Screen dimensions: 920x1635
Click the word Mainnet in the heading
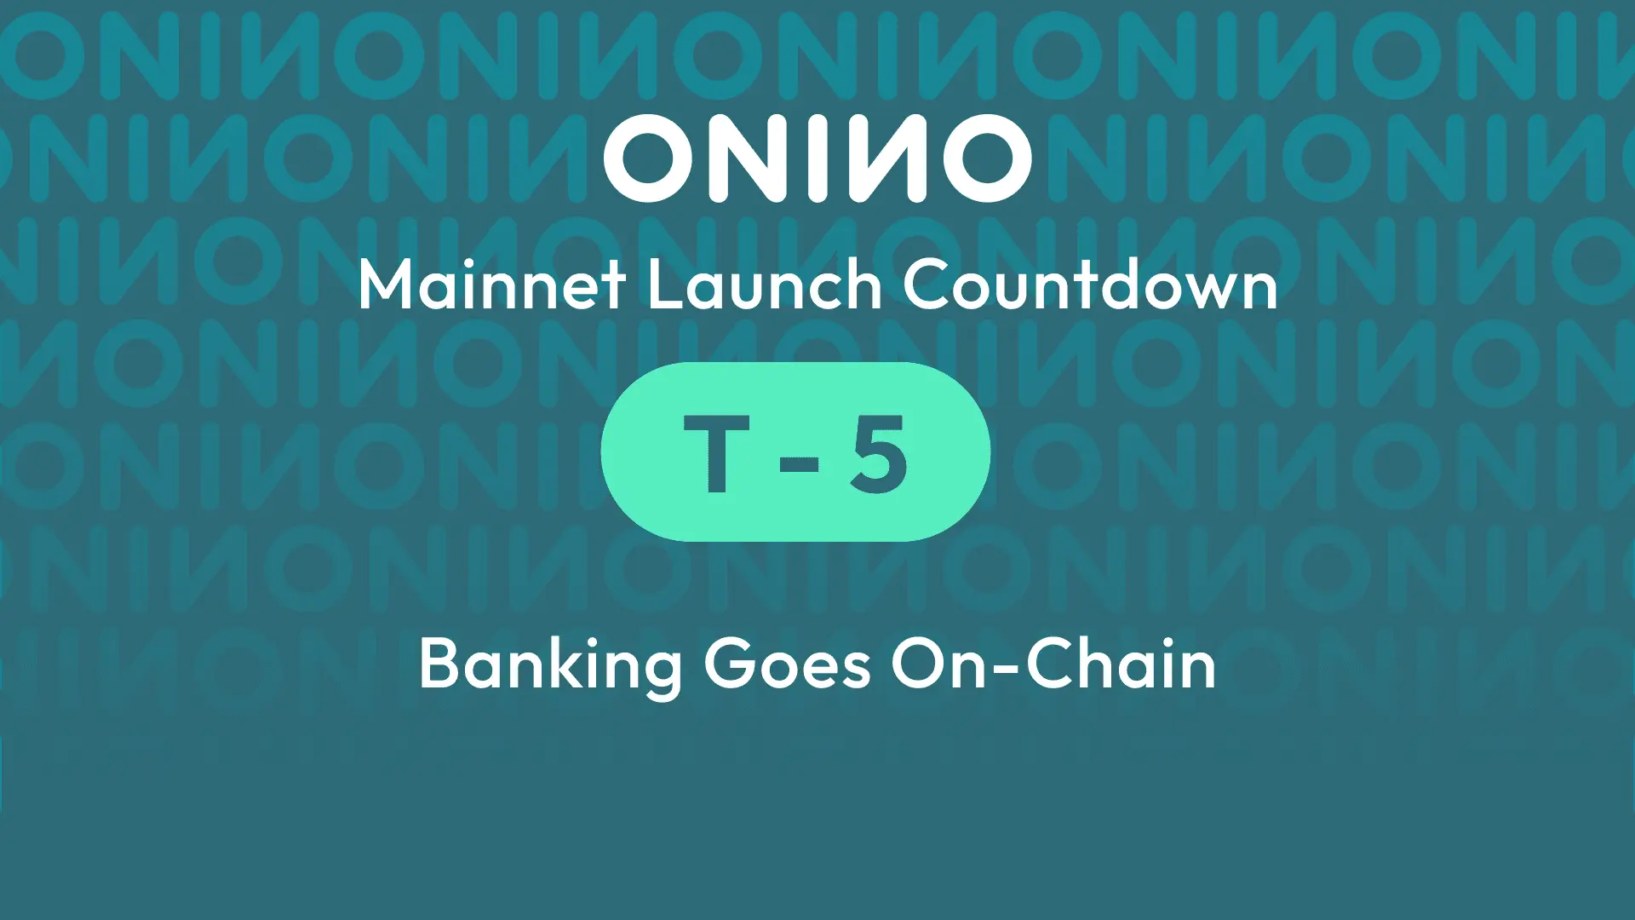[x=492, y=285]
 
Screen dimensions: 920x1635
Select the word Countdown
[x=1090, y=285]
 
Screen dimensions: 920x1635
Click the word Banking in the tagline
[x=550, y=665]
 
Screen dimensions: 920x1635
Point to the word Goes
[x=787, y=665]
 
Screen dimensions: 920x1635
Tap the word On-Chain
[x=1053, y=665]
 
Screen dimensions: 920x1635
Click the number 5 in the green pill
[x=878, y=454]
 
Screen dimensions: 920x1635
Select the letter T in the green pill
[x=716, y=454]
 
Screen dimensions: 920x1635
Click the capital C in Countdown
[x=926, y=285]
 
